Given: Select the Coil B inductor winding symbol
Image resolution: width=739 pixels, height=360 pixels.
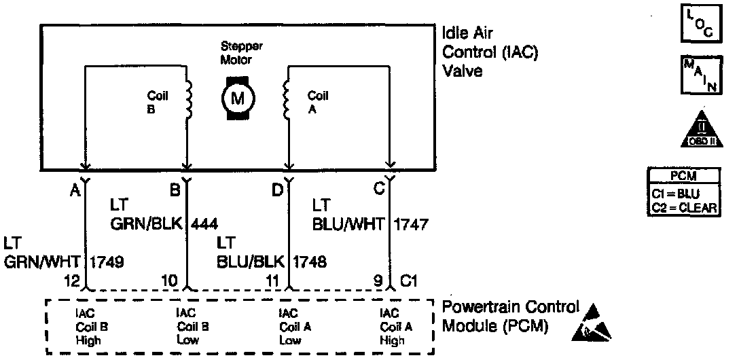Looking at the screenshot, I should (x=190, y=101).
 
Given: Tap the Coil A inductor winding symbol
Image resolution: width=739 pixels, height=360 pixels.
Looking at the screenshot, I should (x=287, y=101).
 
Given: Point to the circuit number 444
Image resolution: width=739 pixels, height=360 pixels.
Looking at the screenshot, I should (x=206, y=223).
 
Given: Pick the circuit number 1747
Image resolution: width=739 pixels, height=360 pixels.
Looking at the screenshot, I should (x=411, y=223).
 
